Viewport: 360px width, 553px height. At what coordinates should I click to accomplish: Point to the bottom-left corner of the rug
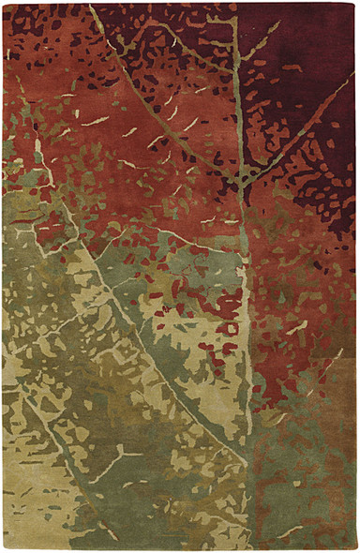[x=3, y=549]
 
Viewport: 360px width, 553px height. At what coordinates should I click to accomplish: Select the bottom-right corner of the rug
[x=357, y=549]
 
